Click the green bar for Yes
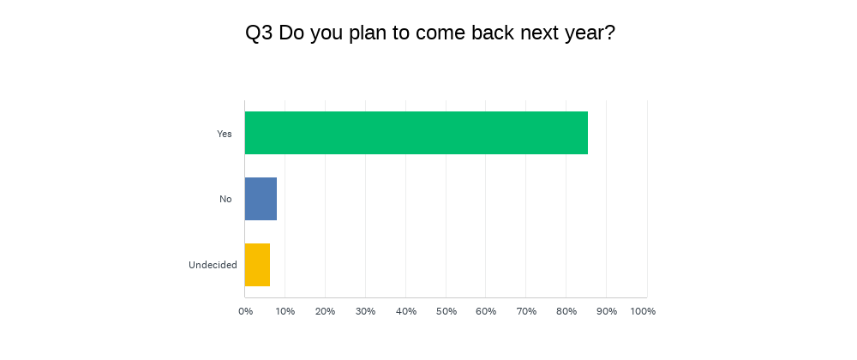pyautogui.click(x=417, y=133)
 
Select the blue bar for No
pyautogui.click(x=261, y=199)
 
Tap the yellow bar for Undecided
pyautogui.click(x=257, y=264)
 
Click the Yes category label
pyautogui.click(x=225, y=134)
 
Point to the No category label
pyautogui.click(x=225, y=199)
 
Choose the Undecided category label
pyautogui.click(x=213, y=265)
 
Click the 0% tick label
pyautogui.click(x=246, y=311)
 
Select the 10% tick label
pyautogui.click(x=285, y=311)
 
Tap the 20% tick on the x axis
pyautogui.click(x=325, y=311)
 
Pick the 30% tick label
pyautogui.click(x=365, y=311)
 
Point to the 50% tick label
pyautogui.click(x=446, y=311)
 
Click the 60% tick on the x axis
pyautogui.click(x=486, y=311)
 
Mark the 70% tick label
pyautogui.click(x=526, y=311)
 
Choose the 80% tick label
pyautogui.click(x=566, y=311)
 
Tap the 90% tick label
pyautogui.click(x=607, y=311)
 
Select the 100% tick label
pyautogui.click(x=643, y=311)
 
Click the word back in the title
pyautogui.click(x=493, y=33)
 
